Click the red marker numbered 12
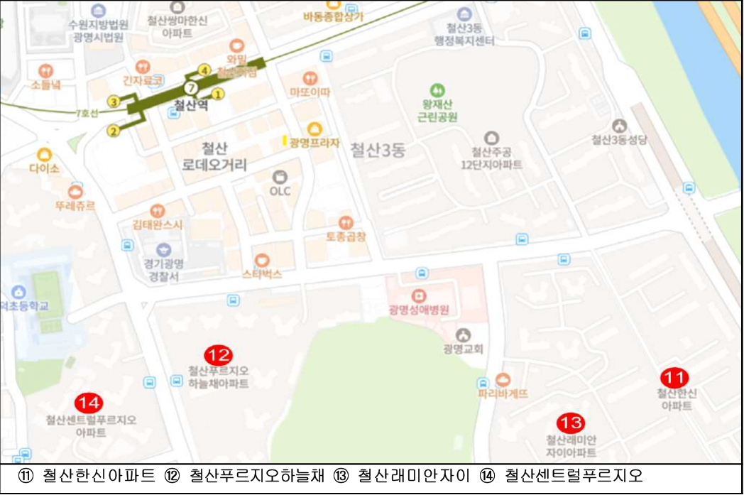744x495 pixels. pyautogui.click(x=218, y=354)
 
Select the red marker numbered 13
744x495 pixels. pyautogui.click(x=570, y=423)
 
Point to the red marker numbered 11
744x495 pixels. pyautogui.click(x=674, y=376)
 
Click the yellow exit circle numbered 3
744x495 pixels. pyautogui.click(x=114, y=102)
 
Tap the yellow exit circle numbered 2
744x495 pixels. pyautogui.click(x=112, y=131)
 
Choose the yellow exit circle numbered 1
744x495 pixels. pyautogui.click(x=218, y=93)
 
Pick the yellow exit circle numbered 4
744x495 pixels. pyautogui.click(x=204, y=70)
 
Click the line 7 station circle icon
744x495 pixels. pyautogui.click(x=190, y=88)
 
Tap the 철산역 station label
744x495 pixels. pyautogui.click(x=189, y=107)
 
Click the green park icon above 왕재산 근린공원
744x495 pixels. pyautogui.click(x=437, y=90)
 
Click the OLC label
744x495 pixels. pyautogui.click(x=280, y=191)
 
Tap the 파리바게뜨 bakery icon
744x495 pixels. pyautogui.click(x=503, y=379)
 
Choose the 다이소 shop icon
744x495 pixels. pyautogui.click(x=45, y=154)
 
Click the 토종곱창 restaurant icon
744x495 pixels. pyautogui.click(x=346, y=222)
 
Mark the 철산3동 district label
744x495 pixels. pyautogui.click(x=377, y=151)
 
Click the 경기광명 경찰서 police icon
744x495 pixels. pyautogui.click(x=164, y=249)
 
